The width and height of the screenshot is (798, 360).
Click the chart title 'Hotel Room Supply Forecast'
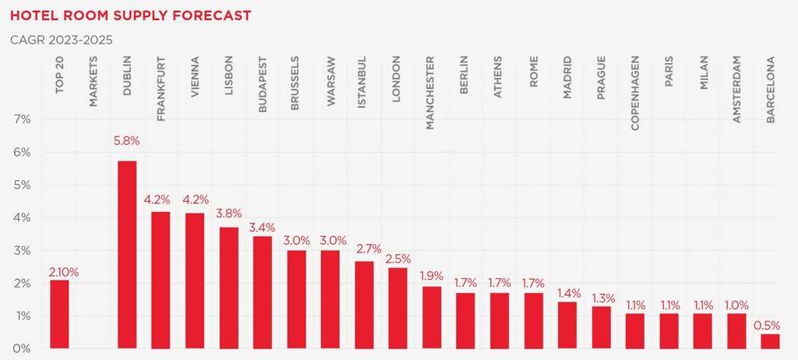click(x=131, y=15)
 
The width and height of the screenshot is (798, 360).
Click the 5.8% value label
click(x=127, y=141)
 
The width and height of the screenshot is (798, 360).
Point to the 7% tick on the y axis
click(x=21, y=119)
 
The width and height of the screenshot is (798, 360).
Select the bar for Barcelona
click(x=770, y=341)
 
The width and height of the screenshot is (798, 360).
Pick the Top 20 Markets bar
click(x=59, y=313)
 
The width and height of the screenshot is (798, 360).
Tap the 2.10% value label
click(x=63, y=272)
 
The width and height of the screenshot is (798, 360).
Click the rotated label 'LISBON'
click(x=228, y=76)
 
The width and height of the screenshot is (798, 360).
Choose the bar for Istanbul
click(x=364, y=304)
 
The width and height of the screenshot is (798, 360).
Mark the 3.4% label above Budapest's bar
click(x=262, y=228)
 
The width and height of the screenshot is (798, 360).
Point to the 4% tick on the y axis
click(x=21, y=217)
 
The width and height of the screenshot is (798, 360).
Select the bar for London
click(x=397, y=308)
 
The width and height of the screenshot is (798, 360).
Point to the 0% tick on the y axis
click(x=21, y=348)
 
